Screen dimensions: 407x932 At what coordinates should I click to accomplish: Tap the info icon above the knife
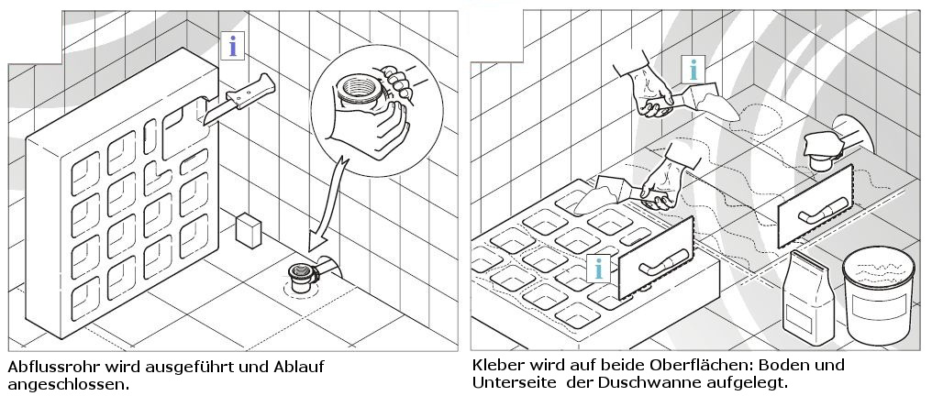tap(238, 46)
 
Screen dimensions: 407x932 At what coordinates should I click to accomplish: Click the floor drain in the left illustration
tap(299, 271)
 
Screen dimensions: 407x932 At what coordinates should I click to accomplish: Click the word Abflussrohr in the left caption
tap(52, 367)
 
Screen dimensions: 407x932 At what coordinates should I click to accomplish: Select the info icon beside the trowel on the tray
tap(599, 268)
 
